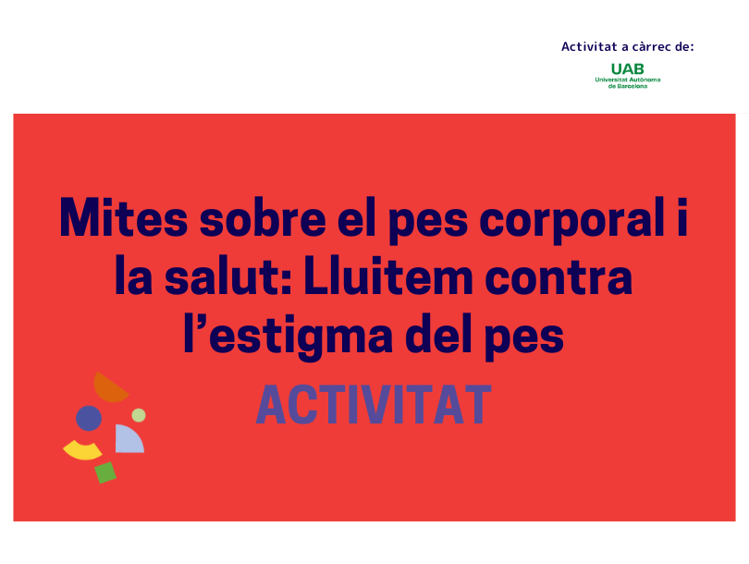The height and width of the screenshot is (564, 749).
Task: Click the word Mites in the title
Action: [x=123, y=217]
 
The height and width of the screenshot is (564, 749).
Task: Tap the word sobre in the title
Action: [x=263, y=218]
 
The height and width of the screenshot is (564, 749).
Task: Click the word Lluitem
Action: [x=387, y=277]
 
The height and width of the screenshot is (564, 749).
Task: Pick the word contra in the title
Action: [x=559, y=278]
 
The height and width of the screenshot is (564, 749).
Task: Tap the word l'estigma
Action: [x=288, y=337]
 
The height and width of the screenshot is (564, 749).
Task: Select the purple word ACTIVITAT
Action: [x=374, y=405]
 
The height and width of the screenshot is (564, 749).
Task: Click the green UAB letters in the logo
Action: [x=627, y=69]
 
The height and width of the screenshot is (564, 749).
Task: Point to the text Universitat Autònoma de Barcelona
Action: [x=628, y=83]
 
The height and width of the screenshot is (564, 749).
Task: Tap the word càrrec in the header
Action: [x=652, y=47]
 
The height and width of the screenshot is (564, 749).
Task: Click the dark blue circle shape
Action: [x=89, y=418]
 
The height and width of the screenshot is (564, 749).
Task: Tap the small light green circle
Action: [x=139, y=415]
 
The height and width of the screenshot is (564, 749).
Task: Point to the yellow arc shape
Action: [x=82, y=452]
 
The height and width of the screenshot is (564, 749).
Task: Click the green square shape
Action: [x=105, y=472]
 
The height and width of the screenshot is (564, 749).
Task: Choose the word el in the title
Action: [x=357, y=217]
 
